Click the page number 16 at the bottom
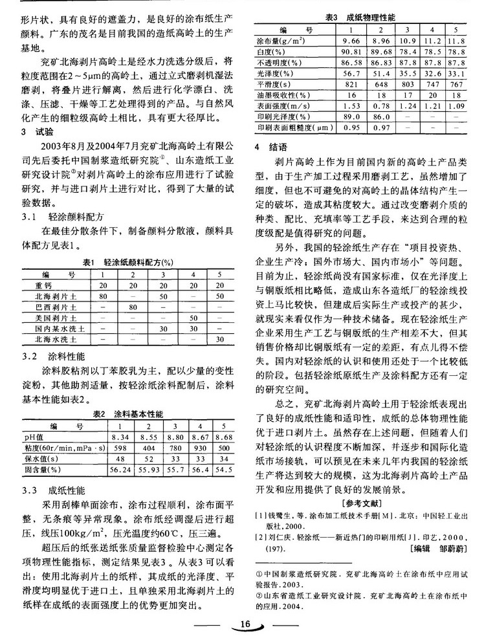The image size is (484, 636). point(244,624)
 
